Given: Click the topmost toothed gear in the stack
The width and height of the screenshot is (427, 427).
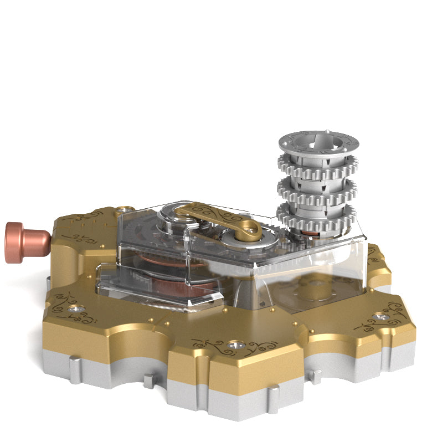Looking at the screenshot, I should [316, 164].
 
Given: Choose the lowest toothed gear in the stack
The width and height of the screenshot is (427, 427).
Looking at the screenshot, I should [316, 215].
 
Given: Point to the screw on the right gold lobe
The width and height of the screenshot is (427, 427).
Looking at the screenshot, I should [380, 317].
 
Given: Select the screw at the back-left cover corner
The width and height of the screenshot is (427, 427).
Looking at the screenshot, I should [125, 209].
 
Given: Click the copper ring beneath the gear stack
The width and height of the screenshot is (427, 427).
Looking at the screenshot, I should [319, 235].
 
